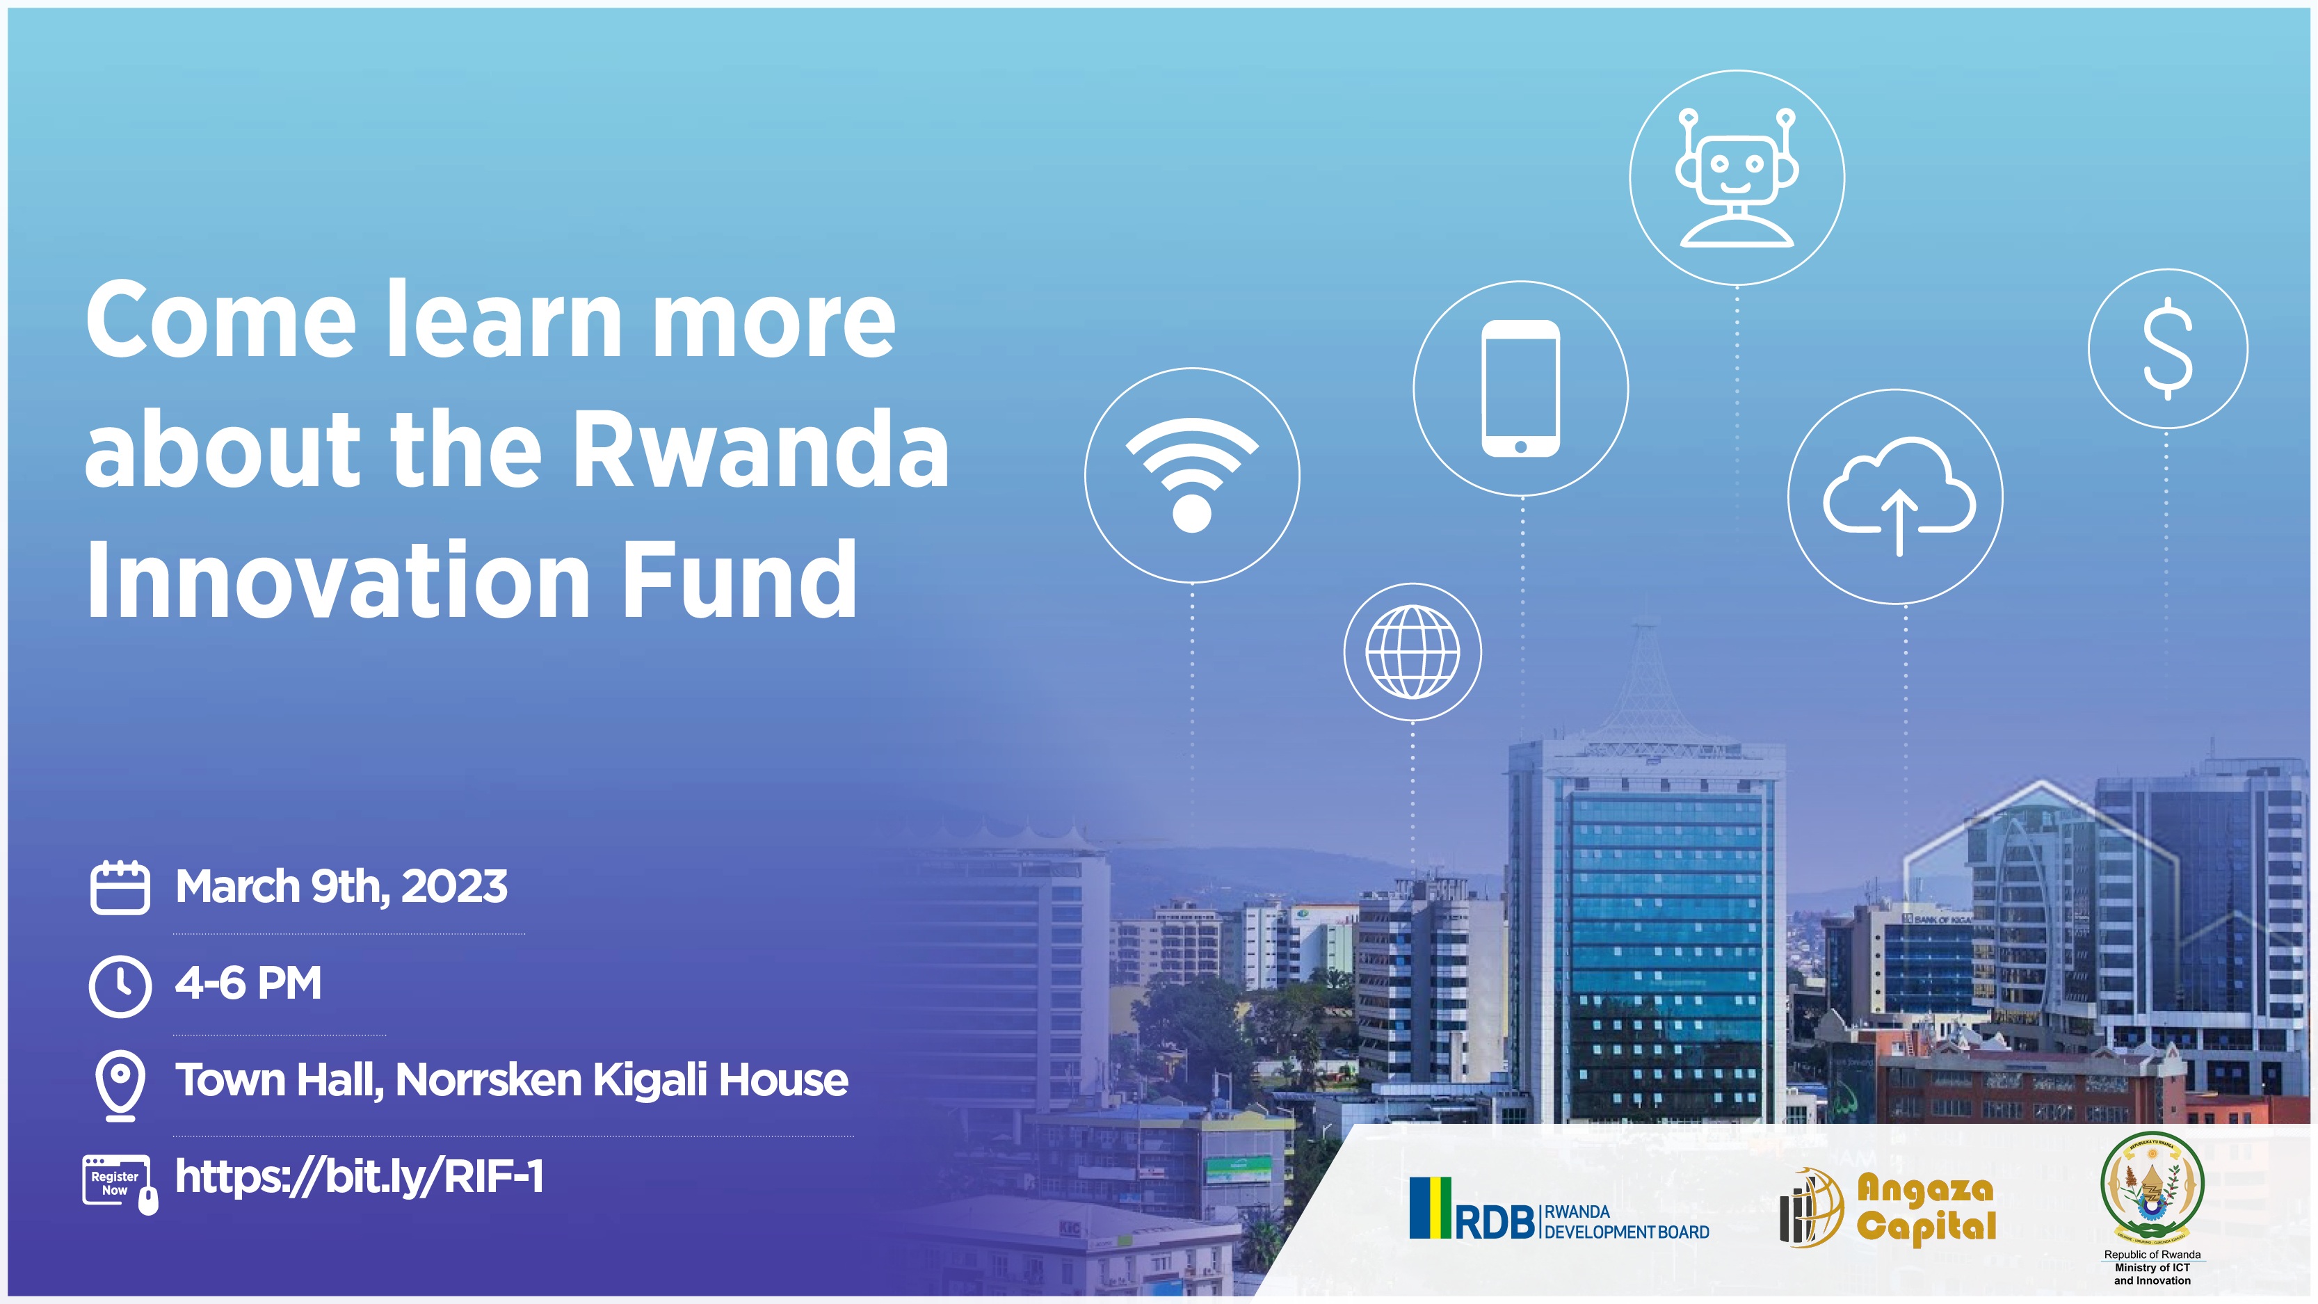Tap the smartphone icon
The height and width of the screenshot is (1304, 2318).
pyautogui.click(x=1521, y=389)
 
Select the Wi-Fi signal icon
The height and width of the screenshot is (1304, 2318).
pyautogui.click(x=1191, y=475)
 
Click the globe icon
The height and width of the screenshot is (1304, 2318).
pyautogui.click(x=1412, y=652)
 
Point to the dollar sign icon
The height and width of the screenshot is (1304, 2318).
pyautogui.click(x=2168, y=349)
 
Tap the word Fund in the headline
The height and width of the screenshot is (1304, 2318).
pyautogui.click(x=740, y=581)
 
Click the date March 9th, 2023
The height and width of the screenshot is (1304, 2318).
pyautogui.click(x=341, y=887)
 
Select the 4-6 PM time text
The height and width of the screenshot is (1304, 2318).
pyautogui.click(x=248, y=983)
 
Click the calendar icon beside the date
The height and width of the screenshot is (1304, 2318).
pyautogui.click(x=120, y=888)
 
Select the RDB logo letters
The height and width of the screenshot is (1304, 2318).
pyautogui.click(x=1494, y=1222)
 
